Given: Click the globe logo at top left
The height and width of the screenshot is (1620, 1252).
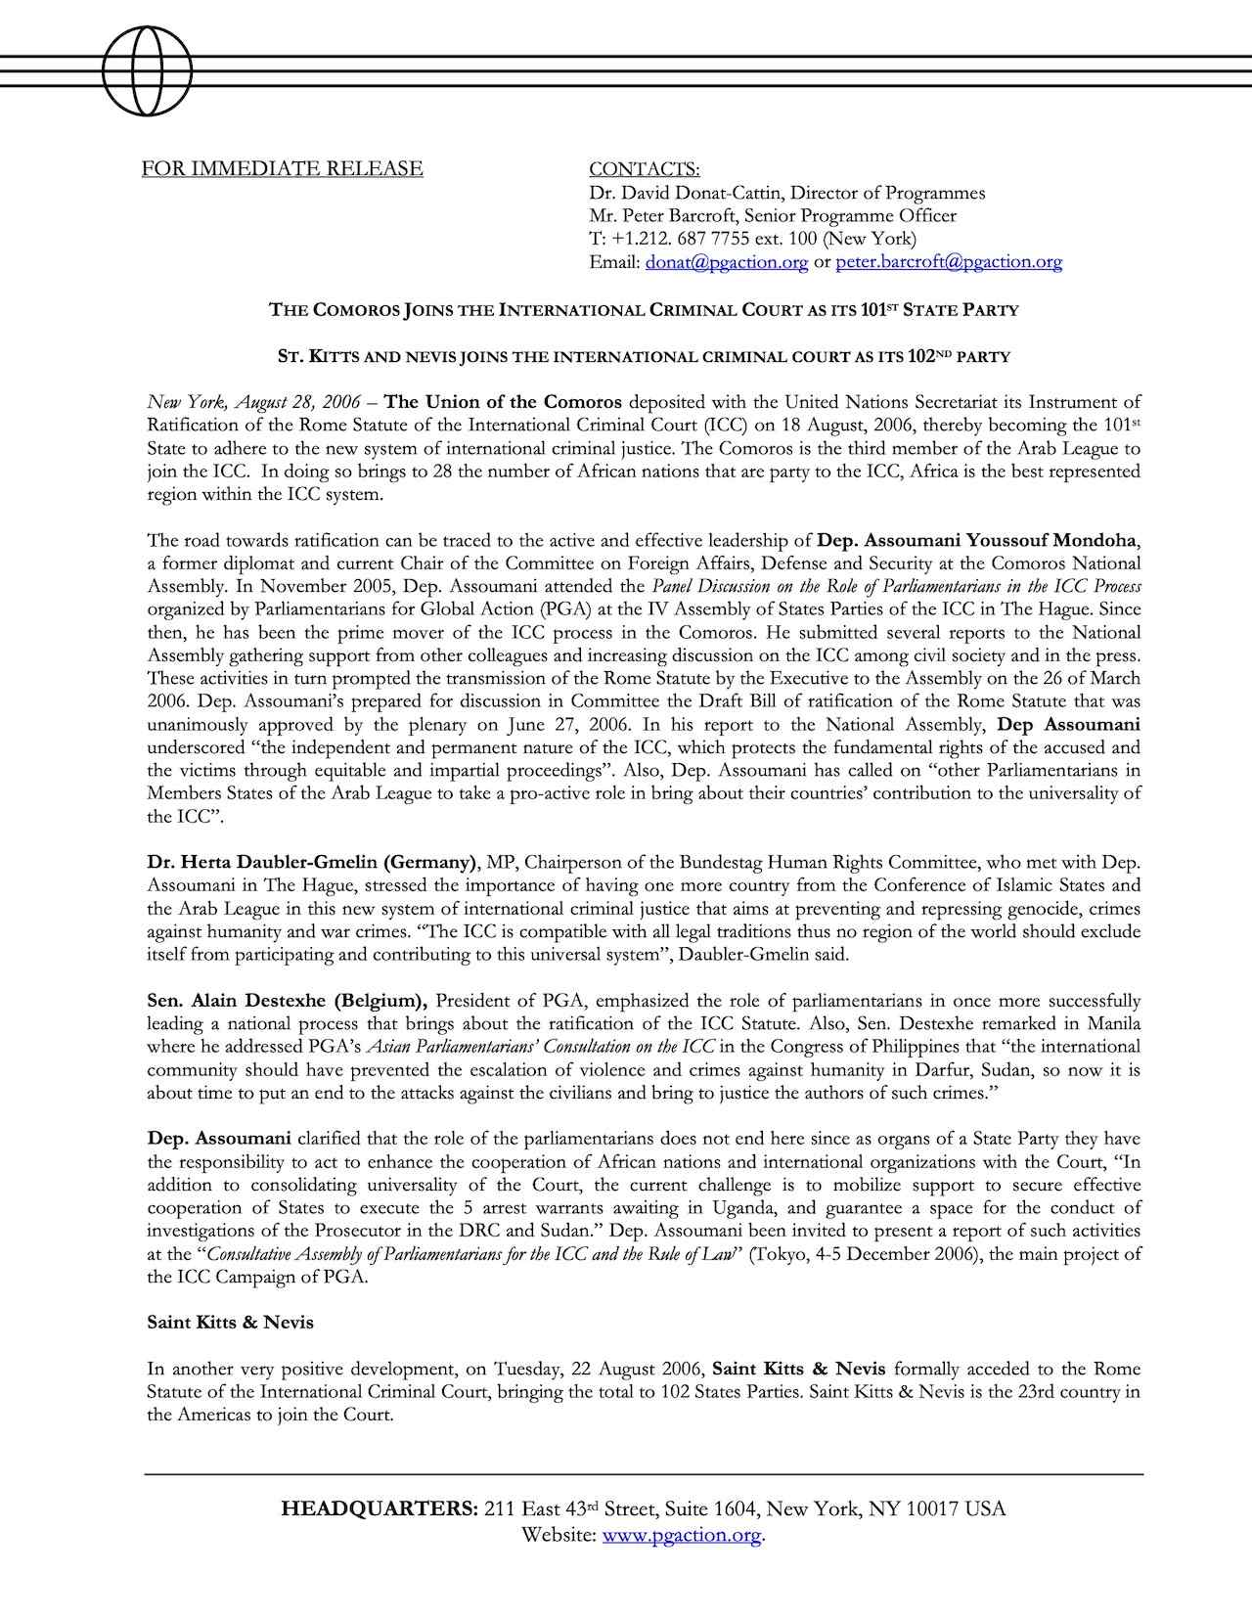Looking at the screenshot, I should tap(147, 70).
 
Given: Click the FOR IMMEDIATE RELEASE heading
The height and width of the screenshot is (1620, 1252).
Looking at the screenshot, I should tap(282, 168).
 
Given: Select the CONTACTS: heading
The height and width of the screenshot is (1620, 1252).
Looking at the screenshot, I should tap(644, 169).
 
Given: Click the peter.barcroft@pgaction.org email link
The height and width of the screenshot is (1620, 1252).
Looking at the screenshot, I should tap(949, 262).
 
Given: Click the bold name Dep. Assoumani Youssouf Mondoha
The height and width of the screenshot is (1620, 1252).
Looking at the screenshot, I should tap(978, 540).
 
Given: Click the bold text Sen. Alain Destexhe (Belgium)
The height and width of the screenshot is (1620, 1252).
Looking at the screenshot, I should tap(287, 1001).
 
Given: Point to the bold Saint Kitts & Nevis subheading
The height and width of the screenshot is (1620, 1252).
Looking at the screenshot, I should tap(230, 1323).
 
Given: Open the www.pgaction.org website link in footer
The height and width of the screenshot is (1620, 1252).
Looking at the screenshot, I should tap(682, 1535).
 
